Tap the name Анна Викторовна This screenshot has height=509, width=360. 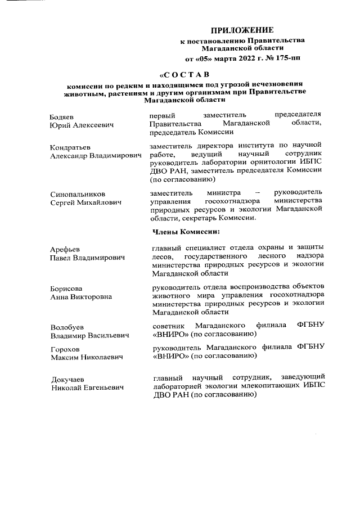80,296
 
